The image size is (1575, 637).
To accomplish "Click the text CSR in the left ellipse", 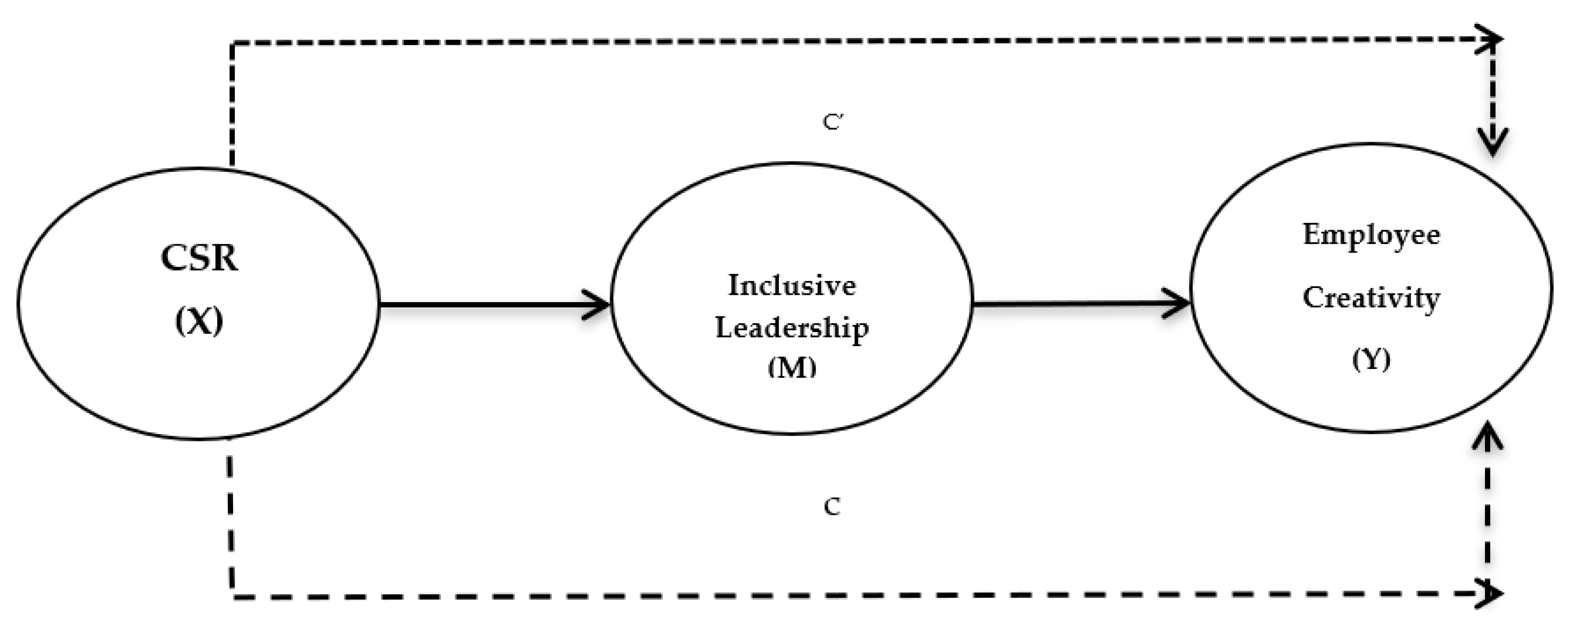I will click(x=199, y=258).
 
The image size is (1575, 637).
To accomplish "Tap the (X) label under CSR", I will click(x=199, y=320).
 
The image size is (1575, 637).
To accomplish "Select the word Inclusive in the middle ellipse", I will click(x=792, y=286).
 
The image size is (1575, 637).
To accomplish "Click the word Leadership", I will click(x=792, y=328).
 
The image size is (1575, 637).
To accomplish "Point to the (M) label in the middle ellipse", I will click(x=792, y=367).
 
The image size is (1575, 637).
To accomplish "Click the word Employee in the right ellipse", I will click(x=1371, y=235).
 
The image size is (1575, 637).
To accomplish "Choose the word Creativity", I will click(x=1371, y=298).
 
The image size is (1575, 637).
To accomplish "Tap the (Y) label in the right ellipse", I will click(x=1371, y=359).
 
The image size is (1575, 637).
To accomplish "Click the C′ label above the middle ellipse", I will click(x=833, y=122).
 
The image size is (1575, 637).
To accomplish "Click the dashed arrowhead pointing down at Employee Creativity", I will click(x=1493, y=144).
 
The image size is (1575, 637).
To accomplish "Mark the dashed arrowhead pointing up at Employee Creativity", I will click(x=1487, y=437).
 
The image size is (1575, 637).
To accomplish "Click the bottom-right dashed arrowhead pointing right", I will click(x=1492, y=593).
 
